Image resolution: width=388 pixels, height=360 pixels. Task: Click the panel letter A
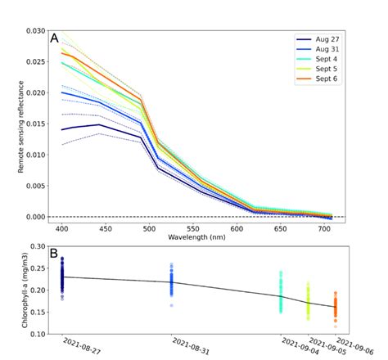[55, 37]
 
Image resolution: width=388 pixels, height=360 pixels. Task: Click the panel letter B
[53, 253]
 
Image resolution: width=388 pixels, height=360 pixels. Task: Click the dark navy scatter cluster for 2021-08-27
[62, 278]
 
